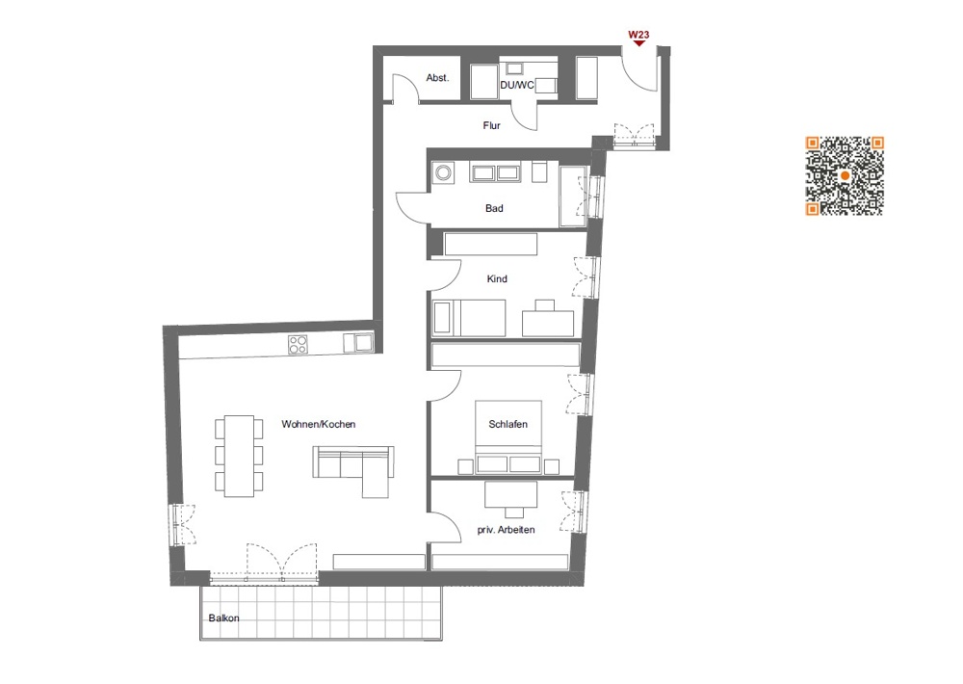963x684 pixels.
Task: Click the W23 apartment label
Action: [638, 35]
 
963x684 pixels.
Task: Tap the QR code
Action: [845, 175]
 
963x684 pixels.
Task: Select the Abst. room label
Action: [438, 78]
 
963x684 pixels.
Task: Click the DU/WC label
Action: [516, 86]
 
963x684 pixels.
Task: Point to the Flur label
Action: [491, 125]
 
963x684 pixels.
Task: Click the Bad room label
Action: [494, 208]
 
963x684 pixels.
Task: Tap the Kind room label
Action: [497, 279]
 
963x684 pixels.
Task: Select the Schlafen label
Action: [508, 424]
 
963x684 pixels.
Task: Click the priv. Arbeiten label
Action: [506, 530]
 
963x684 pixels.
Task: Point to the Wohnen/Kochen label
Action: [313, 424]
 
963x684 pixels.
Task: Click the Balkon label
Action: [223, 618]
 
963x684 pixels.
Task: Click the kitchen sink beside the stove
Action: [363, 341]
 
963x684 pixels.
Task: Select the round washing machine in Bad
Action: [445, 173]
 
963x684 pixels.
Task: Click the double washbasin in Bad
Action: [495, 173]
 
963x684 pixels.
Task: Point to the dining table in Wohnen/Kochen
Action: [239, 455]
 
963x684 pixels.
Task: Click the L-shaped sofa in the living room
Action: [352, 467]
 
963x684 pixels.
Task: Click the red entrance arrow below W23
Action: [638, 43]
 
